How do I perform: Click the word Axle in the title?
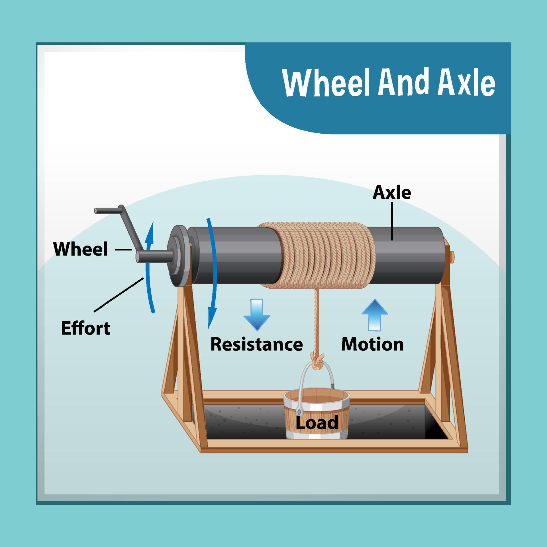coord(466,83)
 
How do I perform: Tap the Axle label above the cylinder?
coord(392,193)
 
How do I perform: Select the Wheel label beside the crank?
coord(81,249)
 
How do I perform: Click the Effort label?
coord(85,328)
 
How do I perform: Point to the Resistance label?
coord(256,344)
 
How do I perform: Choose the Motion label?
coord(372,344)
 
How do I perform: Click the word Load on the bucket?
coord(317,422)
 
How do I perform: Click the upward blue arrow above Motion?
coord(375,315)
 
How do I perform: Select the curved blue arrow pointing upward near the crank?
coord(149,268)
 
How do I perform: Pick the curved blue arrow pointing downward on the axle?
coord(213,273)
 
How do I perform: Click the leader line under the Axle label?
coord(392,221)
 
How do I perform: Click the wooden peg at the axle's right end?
coord(452,256)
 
